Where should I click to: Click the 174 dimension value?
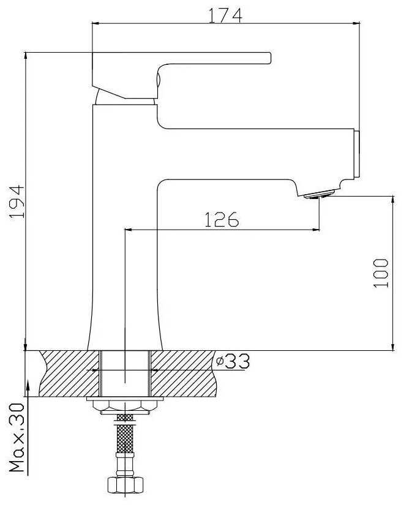pos(225,15)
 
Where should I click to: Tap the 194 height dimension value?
pos(17,202)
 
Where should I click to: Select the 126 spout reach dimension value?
pos(222,220)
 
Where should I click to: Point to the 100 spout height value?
pos(381,273)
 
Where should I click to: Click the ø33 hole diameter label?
pos(233,361)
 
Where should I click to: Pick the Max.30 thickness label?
pos(17,437)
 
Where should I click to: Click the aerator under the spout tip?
pos(318,195)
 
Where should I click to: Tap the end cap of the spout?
pos(357,154)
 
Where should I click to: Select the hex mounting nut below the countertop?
pos(125,407)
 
